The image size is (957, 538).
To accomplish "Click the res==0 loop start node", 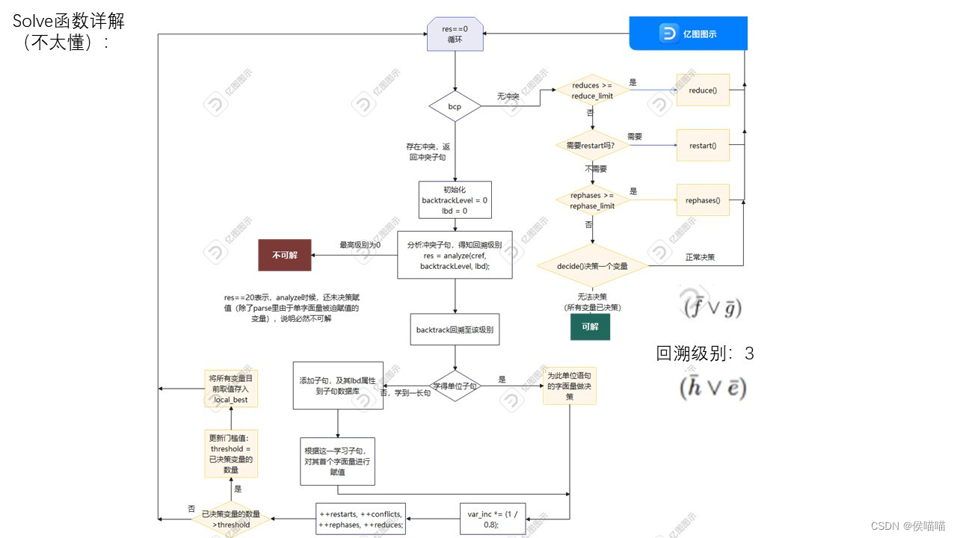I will tap(455, 34).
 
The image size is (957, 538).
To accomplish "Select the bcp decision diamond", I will tap(455, 106).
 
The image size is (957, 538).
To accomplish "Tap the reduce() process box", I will tap(702, 90).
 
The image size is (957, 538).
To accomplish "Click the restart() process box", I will tap(702, 145).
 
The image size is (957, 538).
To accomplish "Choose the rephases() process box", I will tap(702, 200).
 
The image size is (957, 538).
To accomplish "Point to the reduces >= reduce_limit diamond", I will tap(592, 90).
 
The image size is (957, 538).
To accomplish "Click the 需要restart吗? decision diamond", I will tap(592, 145).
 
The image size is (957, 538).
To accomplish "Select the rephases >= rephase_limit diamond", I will tap(592, 200).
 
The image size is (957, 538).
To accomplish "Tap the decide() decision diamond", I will tap(592, 266).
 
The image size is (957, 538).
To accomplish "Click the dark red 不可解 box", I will tap(285, 255).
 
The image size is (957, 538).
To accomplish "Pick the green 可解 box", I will tap(590, 327).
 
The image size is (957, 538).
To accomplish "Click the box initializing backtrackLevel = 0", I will tap(455, 200).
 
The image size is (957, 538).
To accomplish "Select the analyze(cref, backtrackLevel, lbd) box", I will tap(455, 255).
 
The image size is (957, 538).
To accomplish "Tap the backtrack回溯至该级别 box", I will tap(455, 329).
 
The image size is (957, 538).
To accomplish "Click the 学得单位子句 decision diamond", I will tap(455, 386).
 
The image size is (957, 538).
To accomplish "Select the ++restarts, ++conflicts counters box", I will tap(361, 519).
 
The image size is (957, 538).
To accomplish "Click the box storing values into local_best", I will tap(231, 389).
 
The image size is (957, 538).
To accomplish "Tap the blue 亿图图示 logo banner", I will tap(688, 34).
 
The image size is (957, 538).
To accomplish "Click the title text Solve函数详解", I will tap(69, 22).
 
